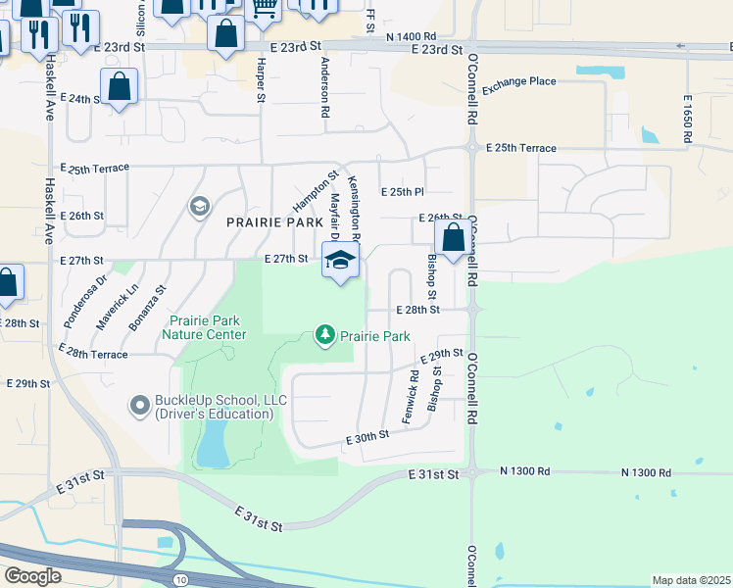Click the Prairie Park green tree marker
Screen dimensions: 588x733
[x=324, y=336]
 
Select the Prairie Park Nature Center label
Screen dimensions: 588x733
[x=207, y=327]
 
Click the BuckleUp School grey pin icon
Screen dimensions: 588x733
[x=140, y=404]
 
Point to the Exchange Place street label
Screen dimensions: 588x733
[x=518, y=82]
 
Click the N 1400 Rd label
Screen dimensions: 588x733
[x=412, y=36]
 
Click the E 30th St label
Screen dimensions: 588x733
[x=367, y=443]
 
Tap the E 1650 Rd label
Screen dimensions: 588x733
[x=689, y=119]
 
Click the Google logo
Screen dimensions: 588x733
[x=31, y=576]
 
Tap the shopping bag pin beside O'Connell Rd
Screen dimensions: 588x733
[x=453, y=238]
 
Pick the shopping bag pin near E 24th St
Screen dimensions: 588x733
[x=119, y=86]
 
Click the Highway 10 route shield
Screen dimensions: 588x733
[x=181, y=580]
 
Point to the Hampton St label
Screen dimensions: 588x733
[x=309, y=192]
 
